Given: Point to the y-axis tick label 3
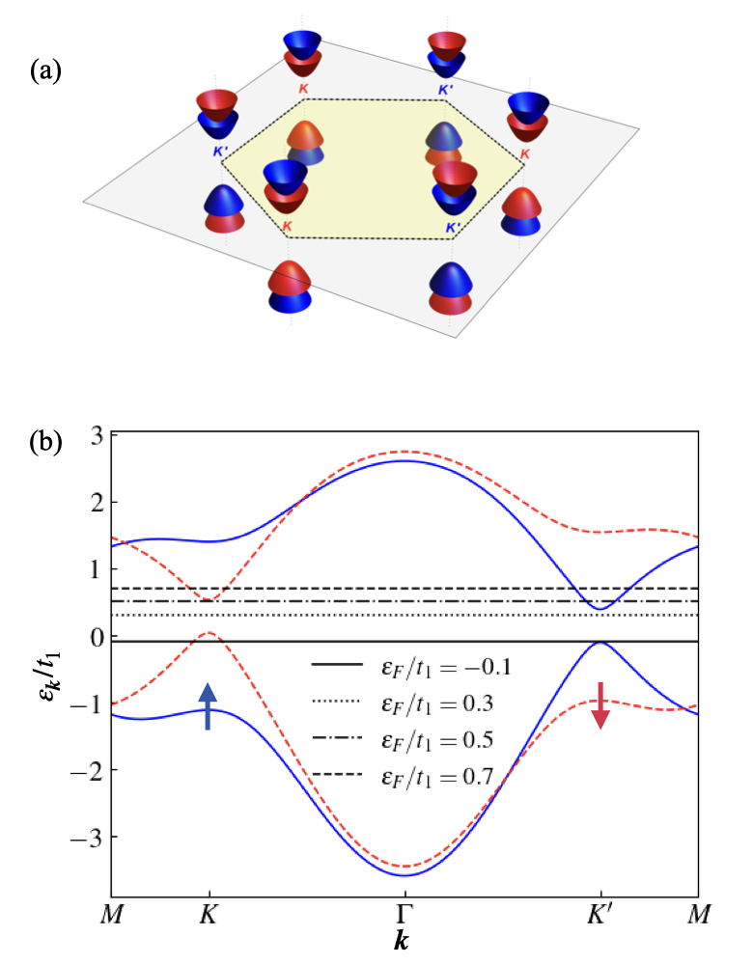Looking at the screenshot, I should point(94,435).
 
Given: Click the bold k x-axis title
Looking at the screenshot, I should point(404,937).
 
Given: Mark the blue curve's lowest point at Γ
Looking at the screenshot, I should point(404,874).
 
